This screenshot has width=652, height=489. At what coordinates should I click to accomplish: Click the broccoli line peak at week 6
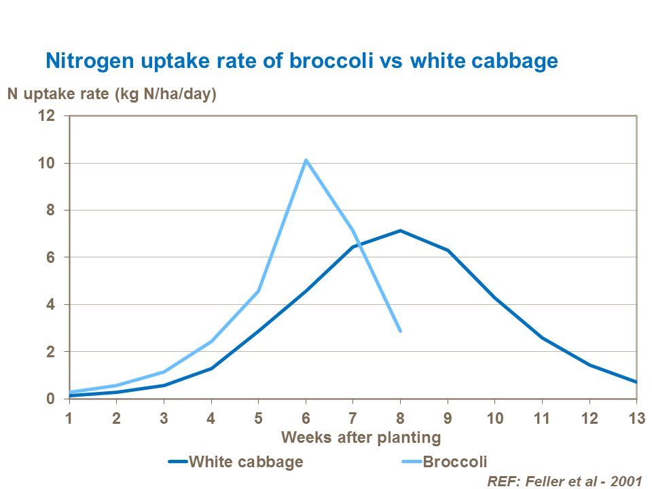pos(306,160)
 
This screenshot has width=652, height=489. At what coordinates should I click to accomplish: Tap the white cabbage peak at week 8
pos(401,231)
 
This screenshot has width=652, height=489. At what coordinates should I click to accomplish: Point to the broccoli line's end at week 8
pos(401,331)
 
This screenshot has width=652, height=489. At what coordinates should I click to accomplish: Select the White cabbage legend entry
pos(245,463)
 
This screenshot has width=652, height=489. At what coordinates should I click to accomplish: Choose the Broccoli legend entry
pos(455,463)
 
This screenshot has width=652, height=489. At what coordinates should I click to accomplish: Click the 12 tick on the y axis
pos(55,116)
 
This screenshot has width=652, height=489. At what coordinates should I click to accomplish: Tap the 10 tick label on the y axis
pos(55,163)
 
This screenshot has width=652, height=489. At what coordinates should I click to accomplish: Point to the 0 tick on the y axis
pos(59,399)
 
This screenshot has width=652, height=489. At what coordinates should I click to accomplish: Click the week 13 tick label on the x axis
pos(636,416)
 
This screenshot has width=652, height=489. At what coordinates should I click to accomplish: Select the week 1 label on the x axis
pos(69,416)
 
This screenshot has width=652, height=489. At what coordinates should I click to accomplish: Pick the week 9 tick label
pos(448,416)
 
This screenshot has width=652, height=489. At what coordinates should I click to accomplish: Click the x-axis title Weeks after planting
pos(361,437)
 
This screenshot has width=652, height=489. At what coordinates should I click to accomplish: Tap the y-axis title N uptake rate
pos(111,94)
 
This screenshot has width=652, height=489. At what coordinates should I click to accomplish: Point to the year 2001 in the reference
pos(625,481)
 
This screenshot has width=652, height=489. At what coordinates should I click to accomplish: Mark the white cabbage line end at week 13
pos(636,382)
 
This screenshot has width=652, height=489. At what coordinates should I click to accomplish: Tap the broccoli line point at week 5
pos(259,291)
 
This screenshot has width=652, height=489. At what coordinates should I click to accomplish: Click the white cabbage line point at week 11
pos(542,338)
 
